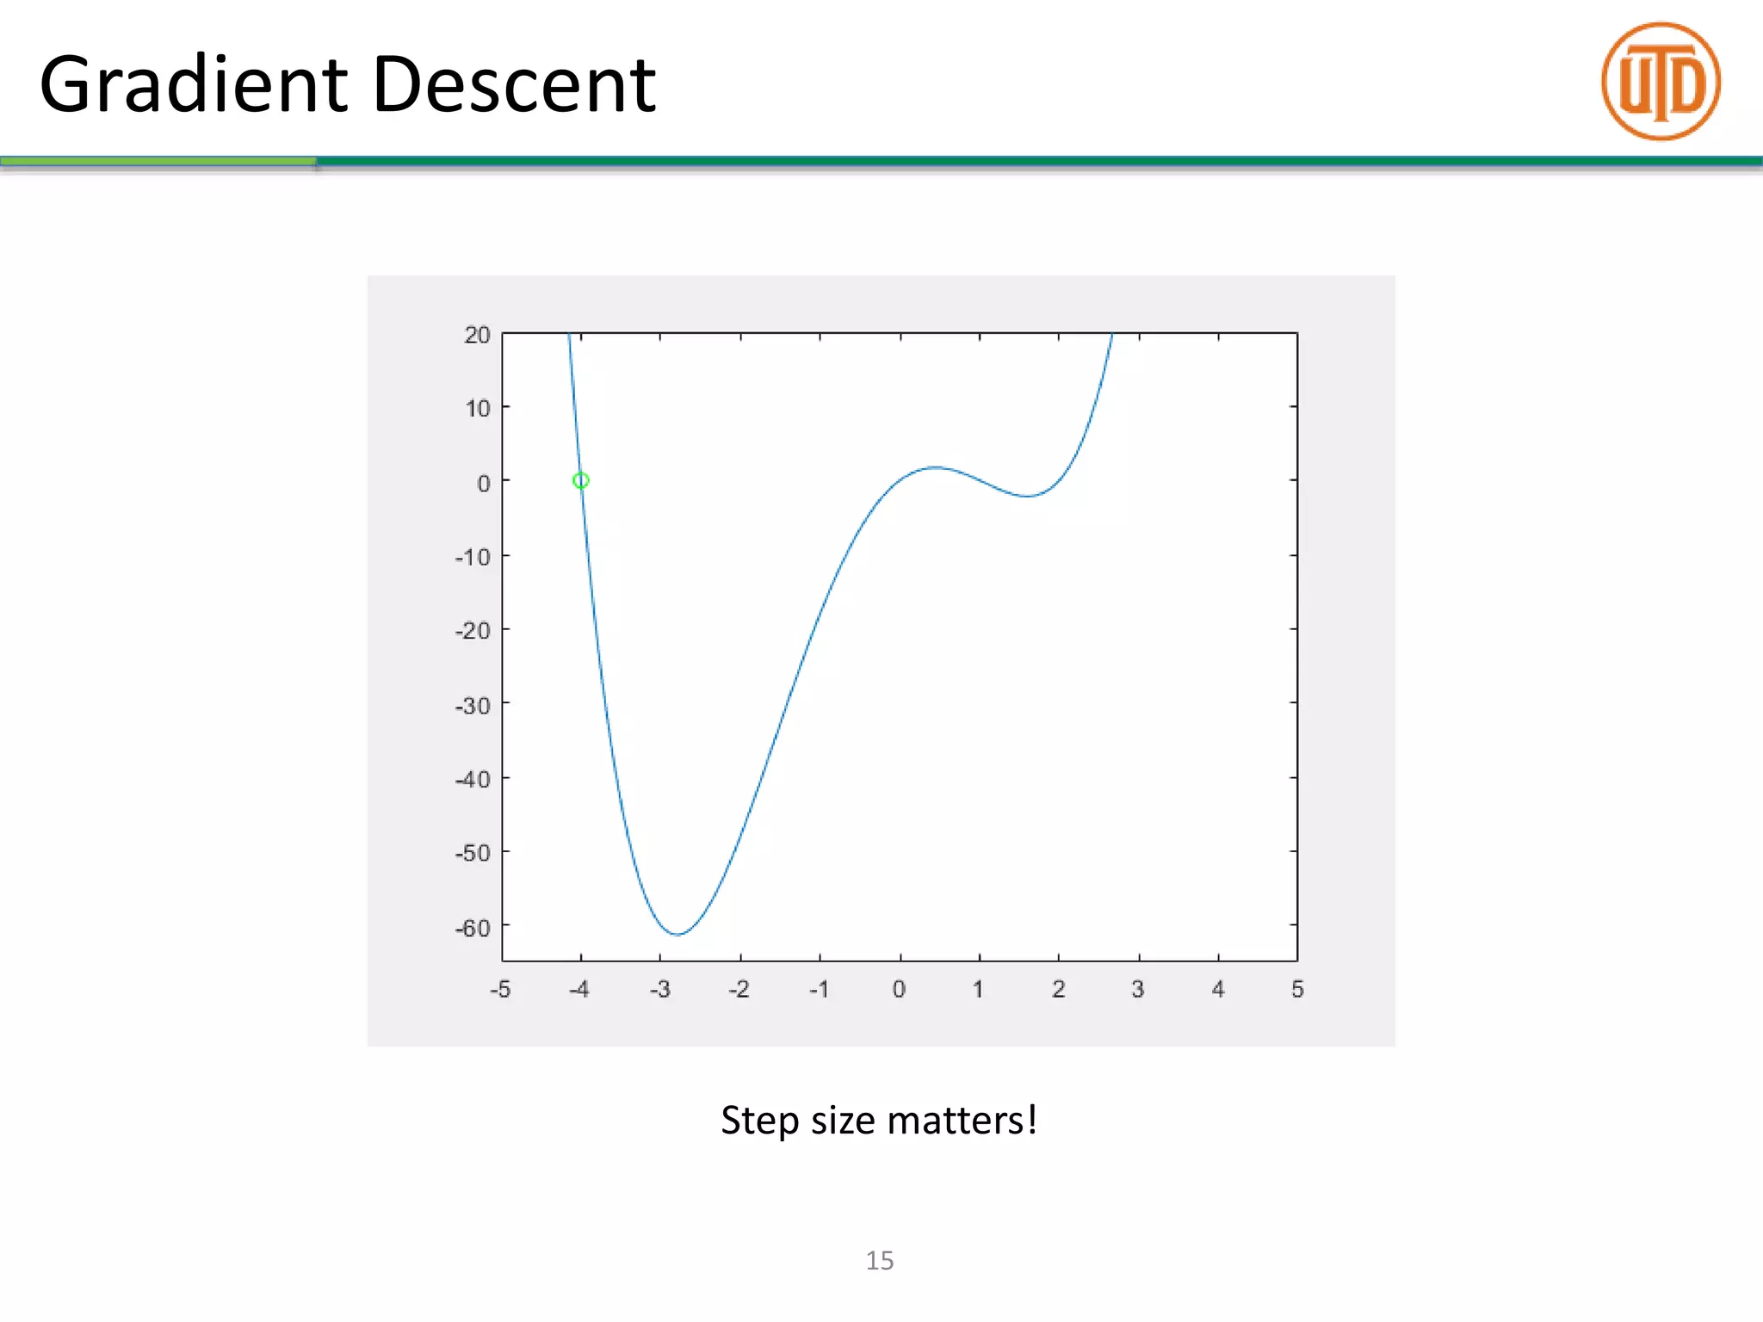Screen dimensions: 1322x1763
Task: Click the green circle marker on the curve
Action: click(581, 480)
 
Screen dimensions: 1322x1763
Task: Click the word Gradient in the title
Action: click(194, 85)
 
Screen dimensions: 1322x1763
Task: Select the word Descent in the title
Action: click(514, 85)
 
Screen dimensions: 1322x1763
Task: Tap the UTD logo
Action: click(1661, 82)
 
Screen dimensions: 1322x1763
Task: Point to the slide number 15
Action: click(880, 1261)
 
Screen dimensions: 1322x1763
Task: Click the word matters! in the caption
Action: click(962, 1121)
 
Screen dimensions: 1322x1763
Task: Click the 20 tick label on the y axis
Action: click(477, 335)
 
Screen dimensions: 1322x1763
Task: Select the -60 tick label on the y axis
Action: click(473, 928)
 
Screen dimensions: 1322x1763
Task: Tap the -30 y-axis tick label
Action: click(473, 706)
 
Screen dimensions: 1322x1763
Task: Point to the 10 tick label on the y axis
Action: click(478, 408)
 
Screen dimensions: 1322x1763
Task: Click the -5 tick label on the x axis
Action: click(500, 990)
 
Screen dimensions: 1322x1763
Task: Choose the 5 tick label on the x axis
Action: click(1297, 990)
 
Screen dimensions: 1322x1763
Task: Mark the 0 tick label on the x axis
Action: click(899, 990)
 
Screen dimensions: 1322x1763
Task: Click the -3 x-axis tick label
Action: click(659, 990)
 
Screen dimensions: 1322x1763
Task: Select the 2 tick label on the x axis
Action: click(1058, 990)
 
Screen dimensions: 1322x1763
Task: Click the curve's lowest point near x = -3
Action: click(677, 934)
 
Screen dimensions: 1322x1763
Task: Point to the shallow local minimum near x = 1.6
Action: click(1027, 496)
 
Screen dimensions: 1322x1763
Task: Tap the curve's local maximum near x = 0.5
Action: click(936, 467)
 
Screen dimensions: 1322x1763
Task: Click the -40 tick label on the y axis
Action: click(473, 780)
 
